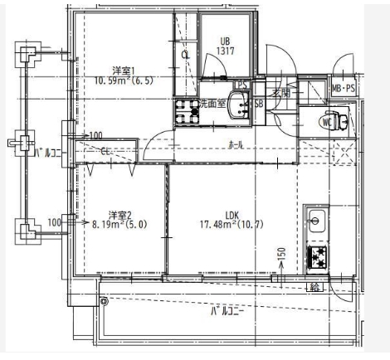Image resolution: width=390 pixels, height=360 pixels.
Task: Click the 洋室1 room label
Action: coord(126,70)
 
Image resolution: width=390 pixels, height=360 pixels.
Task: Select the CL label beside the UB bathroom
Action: coord(185,54)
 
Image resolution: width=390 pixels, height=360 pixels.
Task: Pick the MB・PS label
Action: coord(342,88)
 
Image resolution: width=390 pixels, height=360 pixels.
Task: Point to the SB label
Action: coord(259,104)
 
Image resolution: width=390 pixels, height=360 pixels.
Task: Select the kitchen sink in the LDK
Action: coord(316,221)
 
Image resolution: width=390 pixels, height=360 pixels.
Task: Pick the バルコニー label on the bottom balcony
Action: coord(225,314)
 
